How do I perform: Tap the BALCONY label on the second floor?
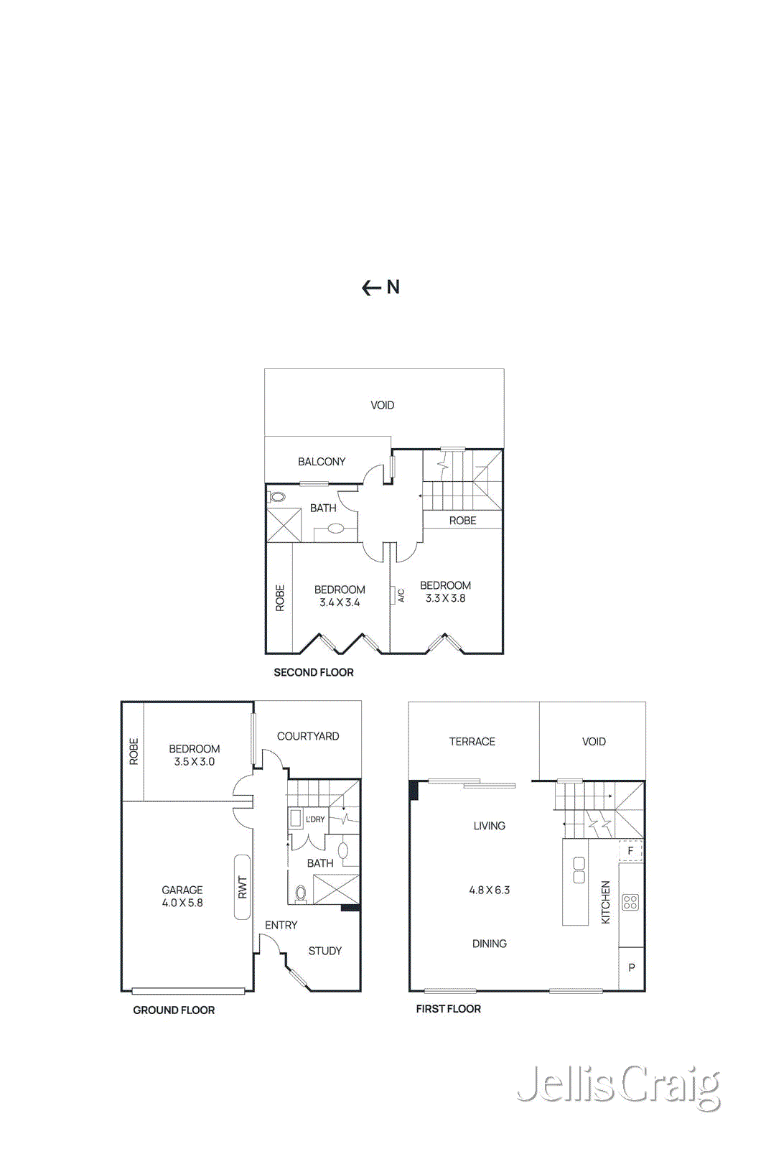point(322,462)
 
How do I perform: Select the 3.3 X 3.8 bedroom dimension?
point(445,598)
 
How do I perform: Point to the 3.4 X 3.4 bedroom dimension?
point(340,603)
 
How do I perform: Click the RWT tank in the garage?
point(242,888)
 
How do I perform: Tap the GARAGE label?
point(182,890)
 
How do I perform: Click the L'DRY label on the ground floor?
point(315,819)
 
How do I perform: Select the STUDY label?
point(324,951)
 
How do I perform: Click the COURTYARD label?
point(307,736)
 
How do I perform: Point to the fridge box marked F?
point(630,851)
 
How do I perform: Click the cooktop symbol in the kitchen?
point(630,902)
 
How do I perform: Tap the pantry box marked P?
point(631,968)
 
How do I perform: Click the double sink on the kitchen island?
point(579,870)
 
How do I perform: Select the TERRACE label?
point(472,742)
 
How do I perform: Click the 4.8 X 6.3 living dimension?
point(489,890)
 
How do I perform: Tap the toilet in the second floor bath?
point(278,497)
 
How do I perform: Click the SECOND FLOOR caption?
point(313,673)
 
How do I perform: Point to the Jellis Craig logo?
point(618,1086)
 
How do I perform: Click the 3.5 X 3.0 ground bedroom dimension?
point(194,762)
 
